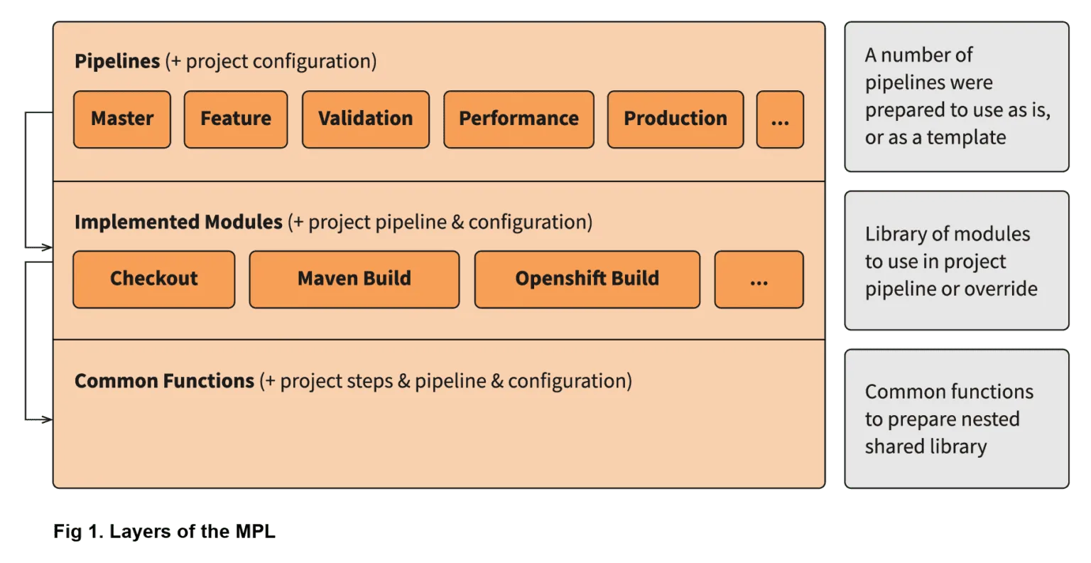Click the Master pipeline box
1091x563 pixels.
[x=121, y=119]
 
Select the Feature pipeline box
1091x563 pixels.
[x=236, y=119]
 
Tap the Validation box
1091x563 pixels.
[x=365, y=119]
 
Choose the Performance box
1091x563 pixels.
[x=519, y=119]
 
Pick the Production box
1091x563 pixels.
[x=675, y=119]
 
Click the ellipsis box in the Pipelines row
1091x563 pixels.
[x=779, y=119]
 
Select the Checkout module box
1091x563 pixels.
[x=153, y=279]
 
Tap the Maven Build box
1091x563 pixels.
[x=354, y=279]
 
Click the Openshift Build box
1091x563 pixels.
[x=587, y=279]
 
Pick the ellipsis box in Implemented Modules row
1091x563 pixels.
[x=759, y=279]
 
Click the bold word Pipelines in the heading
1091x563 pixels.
[x=117, y=62]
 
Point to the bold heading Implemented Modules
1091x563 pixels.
[x=178, y=222]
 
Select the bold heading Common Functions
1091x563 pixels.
[x=164, y=382]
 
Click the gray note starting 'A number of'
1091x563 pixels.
[x=956, y=97]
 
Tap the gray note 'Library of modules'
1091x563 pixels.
[x=956, y=261]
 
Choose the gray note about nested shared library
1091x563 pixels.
[x=956, y=419]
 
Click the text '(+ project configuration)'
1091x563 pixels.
[x=271, y=62]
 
